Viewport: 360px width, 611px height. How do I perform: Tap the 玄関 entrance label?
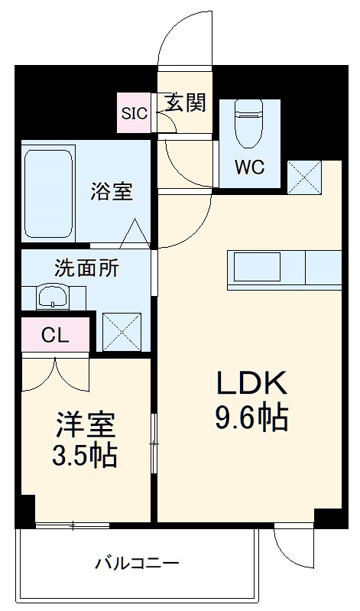click(x=185, y=103)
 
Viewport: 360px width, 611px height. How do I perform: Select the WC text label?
click(x=249, y=167)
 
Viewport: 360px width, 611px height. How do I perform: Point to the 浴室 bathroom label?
click(x=112, y=190)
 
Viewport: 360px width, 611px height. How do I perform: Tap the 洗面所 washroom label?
click(x=86, y=269)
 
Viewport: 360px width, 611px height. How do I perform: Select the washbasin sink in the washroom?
click(x=53, y=297)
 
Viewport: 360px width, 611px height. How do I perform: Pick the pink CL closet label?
click(x=55, y=334)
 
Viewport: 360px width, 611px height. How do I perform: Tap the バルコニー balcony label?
click(x=138, y=564)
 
